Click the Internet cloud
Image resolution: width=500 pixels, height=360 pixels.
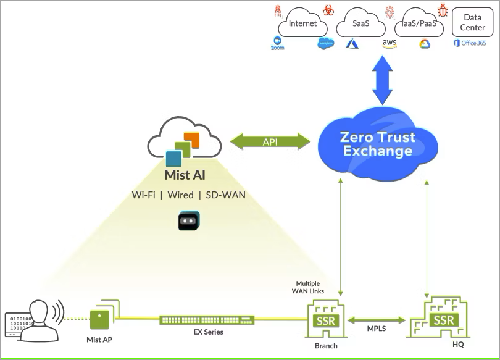click(302, 24)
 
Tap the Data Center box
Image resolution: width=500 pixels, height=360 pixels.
click(472, 23)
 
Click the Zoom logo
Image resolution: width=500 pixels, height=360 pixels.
click(277, 43)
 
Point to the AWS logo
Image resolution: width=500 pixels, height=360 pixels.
click(390, 44)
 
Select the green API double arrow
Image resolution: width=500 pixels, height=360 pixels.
click(270, 141)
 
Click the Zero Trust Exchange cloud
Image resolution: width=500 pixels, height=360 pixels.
click(378, 144)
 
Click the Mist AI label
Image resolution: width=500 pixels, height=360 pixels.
click(185, 175)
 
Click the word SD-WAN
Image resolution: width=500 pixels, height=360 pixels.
click(226, 195)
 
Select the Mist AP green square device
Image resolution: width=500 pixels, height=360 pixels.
click(100, 319)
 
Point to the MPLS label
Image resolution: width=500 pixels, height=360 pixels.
click(376, 329)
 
